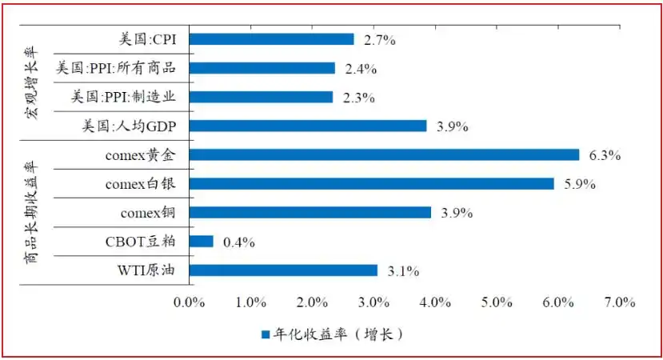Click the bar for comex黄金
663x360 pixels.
click(x=384, y=154)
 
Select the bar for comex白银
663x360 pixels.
click(x=371, y=183)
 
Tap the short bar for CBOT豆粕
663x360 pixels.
click(x=202, y=241)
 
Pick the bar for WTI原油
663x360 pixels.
click(x=283, y=270)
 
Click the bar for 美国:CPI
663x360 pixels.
click(x=271, y=39)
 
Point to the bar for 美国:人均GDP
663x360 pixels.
click(x=308, y=126)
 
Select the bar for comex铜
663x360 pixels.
click(x=310, y=212)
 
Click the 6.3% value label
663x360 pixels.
click(x=605, y=155)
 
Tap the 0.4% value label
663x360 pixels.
click(x=239, y=242)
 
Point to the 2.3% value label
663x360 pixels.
click(x=358, y=98)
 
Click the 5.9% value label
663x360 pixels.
click(x=579, y=184)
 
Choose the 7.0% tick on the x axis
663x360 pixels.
click(x=619, y=302)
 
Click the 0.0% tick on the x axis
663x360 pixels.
click(x=190, y=302)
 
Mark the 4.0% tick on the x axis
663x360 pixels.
click(x=435, y=302)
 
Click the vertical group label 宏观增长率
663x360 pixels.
click(x=31, y=83)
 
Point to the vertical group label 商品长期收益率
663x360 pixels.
click(x=31, y=212)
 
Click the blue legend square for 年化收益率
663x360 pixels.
click(x=265, y=334)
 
